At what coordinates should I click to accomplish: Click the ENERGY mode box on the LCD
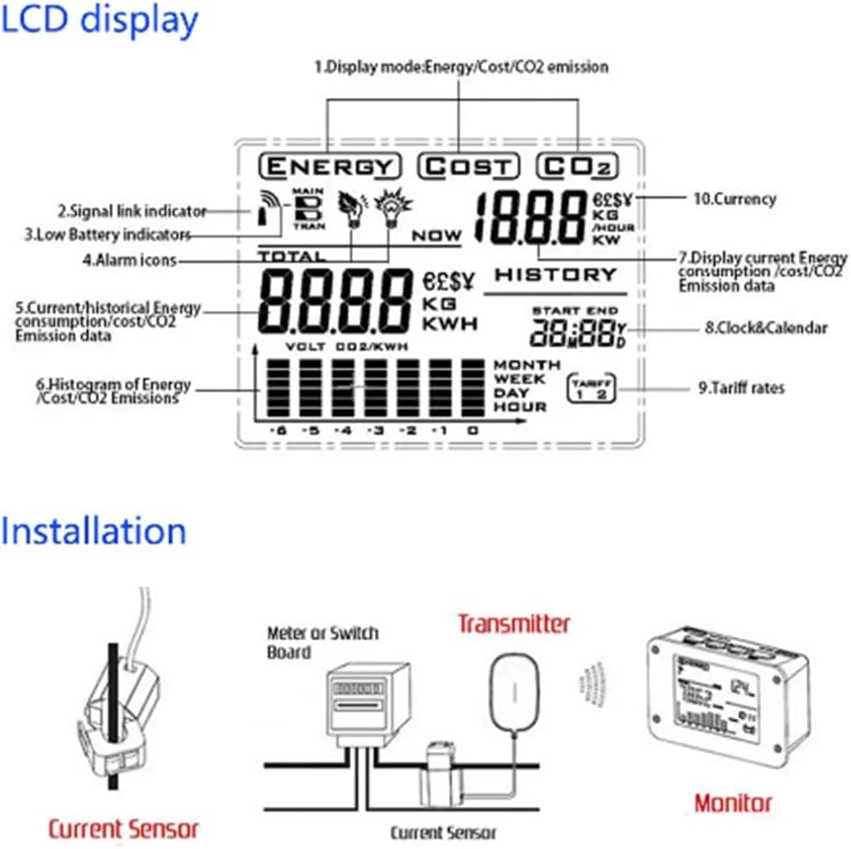pos(330,167)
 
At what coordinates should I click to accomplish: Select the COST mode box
pos(467,167)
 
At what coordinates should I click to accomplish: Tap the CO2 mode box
pos(578,167)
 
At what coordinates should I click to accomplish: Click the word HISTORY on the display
pos(555,274)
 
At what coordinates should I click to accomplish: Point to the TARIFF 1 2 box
pos(590,388)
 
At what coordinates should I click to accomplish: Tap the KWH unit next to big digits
pos(449,324)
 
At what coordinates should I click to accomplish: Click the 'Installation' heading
pos(94,531)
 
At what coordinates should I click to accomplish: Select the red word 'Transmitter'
pos(513,622)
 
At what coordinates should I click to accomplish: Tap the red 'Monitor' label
pos(733,802)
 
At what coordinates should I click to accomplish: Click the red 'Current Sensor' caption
pos(124,828)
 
